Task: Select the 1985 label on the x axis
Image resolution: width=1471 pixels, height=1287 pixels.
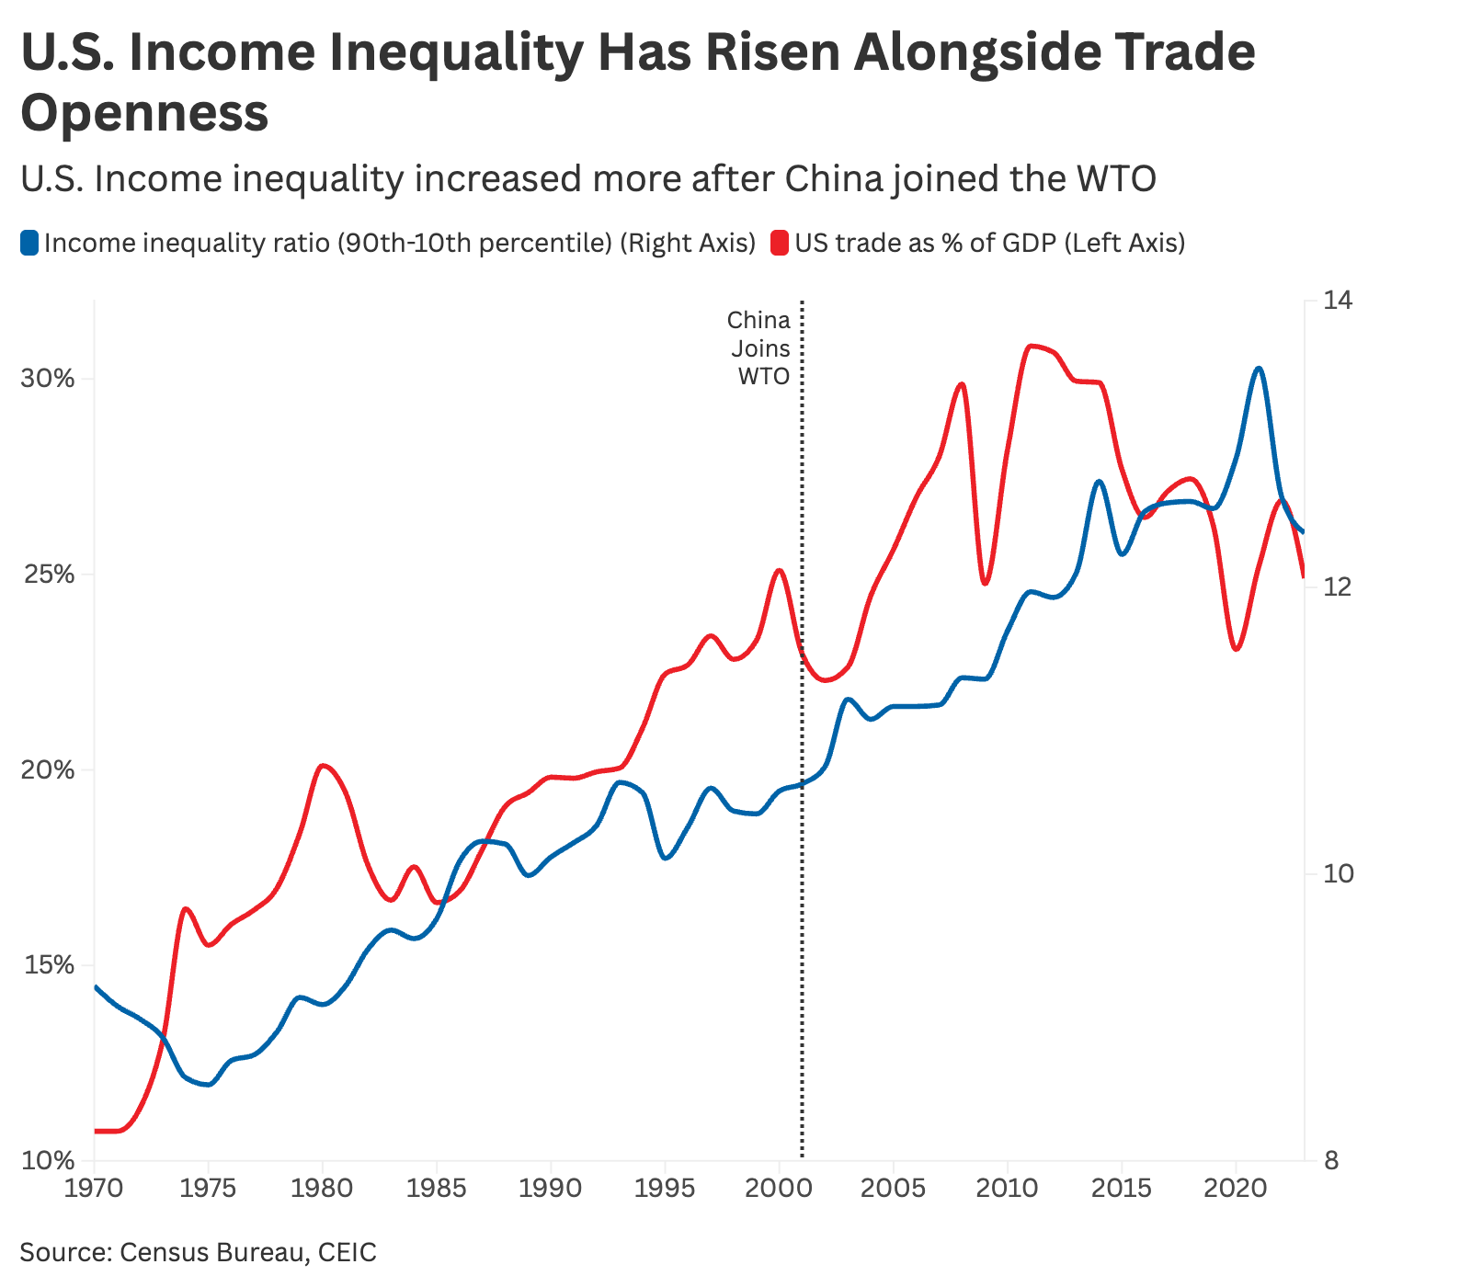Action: coord(436,1188)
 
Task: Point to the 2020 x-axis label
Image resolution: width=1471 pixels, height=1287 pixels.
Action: coord(1236,1188)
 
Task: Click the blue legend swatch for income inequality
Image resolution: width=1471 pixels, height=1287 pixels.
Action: coord(29,244)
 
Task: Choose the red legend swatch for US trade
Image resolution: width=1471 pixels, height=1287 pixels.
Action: coord(780,244)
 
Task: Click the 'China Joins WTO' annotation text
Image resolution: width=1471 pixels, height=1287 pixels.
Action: coord(759,348)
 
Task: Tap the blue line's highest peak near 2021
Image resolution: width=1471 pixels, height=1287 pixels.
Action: coord(1259,369)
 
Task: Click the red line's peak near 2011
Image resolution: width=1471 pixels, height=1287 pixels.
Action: coord(1032,346)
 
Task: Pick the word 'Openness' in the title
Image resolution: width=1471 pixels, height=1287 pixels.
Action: coord(144,113)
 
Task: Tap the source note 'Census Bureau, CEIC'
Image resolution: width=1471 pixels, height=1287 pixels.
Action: coord(248,1252)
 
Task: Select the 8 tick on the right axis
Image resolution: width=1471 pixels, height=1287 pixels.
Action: coord(1330,1161)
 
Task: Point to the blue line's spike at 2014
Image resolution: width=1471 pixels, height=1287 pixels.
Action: coord(1099,481)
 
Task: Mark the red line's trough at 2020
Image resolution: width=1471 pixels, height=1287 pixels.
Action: coord(1236,649)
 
